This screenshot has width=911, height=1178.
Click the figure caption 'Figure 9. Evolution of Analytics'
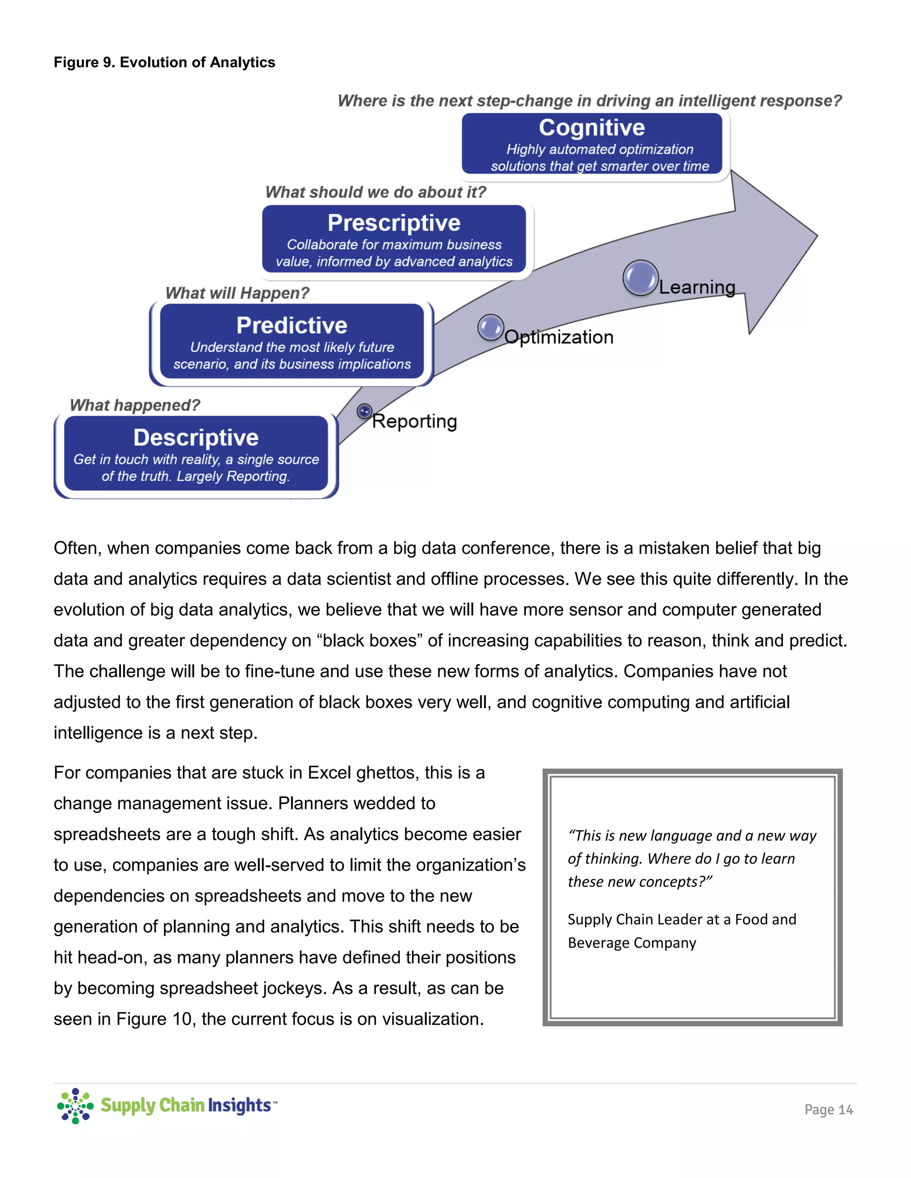click(x=164, y=63)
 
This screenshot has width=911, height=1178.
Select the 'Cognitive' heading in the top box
click(x=592, y=128)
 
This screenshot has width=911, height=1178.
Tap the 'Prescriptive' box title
click(x=394, y=223)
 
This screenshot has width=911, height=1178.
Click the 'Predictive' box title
click(x=291, y=325)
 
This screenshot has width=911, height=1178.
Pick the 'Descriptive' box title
click(x=196, y=437)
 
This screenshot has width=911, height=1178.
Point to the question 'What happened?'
click(x=135, y=405)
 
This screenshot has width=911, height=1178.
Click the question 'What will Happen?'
click(x=237, y=293)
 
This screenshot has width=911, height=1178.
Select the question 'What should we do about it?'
click(x=375, y=192)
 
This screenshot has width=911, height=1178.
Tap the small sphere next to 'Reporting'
click(x=365, y=412)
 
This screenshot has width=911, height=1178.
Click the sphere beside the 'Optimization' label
click(x=491, y=328)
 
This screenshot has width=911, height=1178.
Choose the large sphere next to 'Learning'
click(x=641, y=278)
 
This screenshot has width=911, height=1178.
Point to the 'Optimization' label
click(x=559, y=337)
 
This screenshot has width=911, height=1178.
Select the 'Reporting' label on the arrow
click(x=415, y=421)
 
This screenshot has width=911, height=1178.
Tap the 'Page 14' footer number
click(x=828, y=1110)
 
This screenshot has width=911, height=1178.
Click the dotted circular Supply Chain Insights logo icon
click(x=75, y=1106)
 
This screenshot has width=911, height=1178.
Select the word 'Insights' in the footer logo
click(x=239, y=1105)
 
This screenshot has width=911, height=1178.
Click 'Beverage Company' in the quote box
click(x=632, y=943)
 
